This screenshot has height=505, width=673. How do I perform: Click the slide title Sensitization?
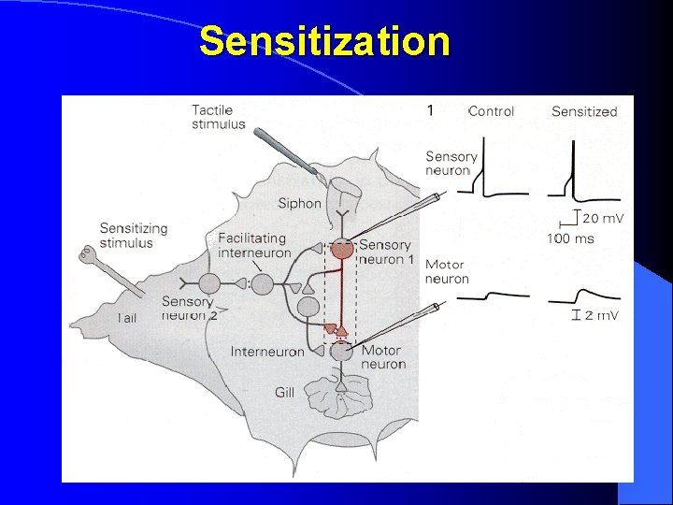point(324,42)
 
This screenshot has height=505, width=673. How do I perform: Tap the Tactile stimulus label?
point(219,117)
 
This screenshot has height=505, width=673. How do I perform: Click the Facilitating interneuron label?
point(252,245)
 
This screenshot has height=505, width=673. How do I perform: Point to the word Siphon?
point(299,203)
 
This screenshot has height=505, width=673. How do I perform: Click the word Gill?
point(285,392)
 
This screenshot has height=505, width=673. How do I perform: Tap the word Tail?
point(127,318)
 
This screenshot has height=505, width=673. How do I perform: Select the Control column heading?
point(491,111)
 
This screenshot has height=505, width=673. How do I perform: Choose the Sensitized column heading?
point(584,111)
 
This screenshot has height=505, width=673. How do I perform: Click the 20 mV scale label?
point(603,219)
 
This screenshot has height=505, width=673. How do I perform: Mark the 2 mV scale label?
point(600,315)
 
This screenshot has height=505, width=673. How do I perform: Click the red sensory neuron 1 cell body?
point(342,249)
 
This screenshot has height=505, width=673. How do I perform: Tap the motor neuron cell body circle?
point(342,352)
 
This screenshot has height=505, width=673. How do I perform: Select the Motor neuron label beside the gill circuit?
point(380,357)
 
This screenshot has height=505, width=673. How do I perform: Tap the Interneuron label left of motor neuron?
point(267,352)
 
